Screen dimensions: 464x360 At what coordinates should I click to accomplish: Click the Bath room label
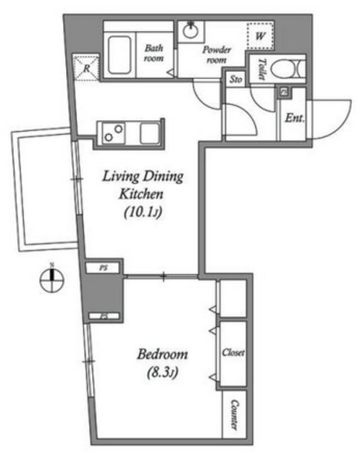(x=154, y=53)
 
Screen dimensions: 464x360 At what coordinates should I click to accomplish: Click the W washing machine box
(x=259, y=33)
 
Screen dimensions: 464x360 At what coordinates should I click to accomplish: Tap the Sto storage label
(x=235, y=80)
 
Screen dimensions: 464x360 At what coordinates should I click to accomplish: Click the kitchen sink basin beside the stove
(x=150, y=134)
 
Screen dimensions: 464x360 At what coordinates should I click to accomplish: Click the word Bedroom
(x=163, y=355)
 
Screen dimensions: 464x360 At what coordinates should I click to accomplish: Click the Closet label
(x=234, y=353)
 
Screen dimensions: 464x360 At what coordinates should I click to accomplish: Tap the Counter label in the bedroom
(x=235, y=415)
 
